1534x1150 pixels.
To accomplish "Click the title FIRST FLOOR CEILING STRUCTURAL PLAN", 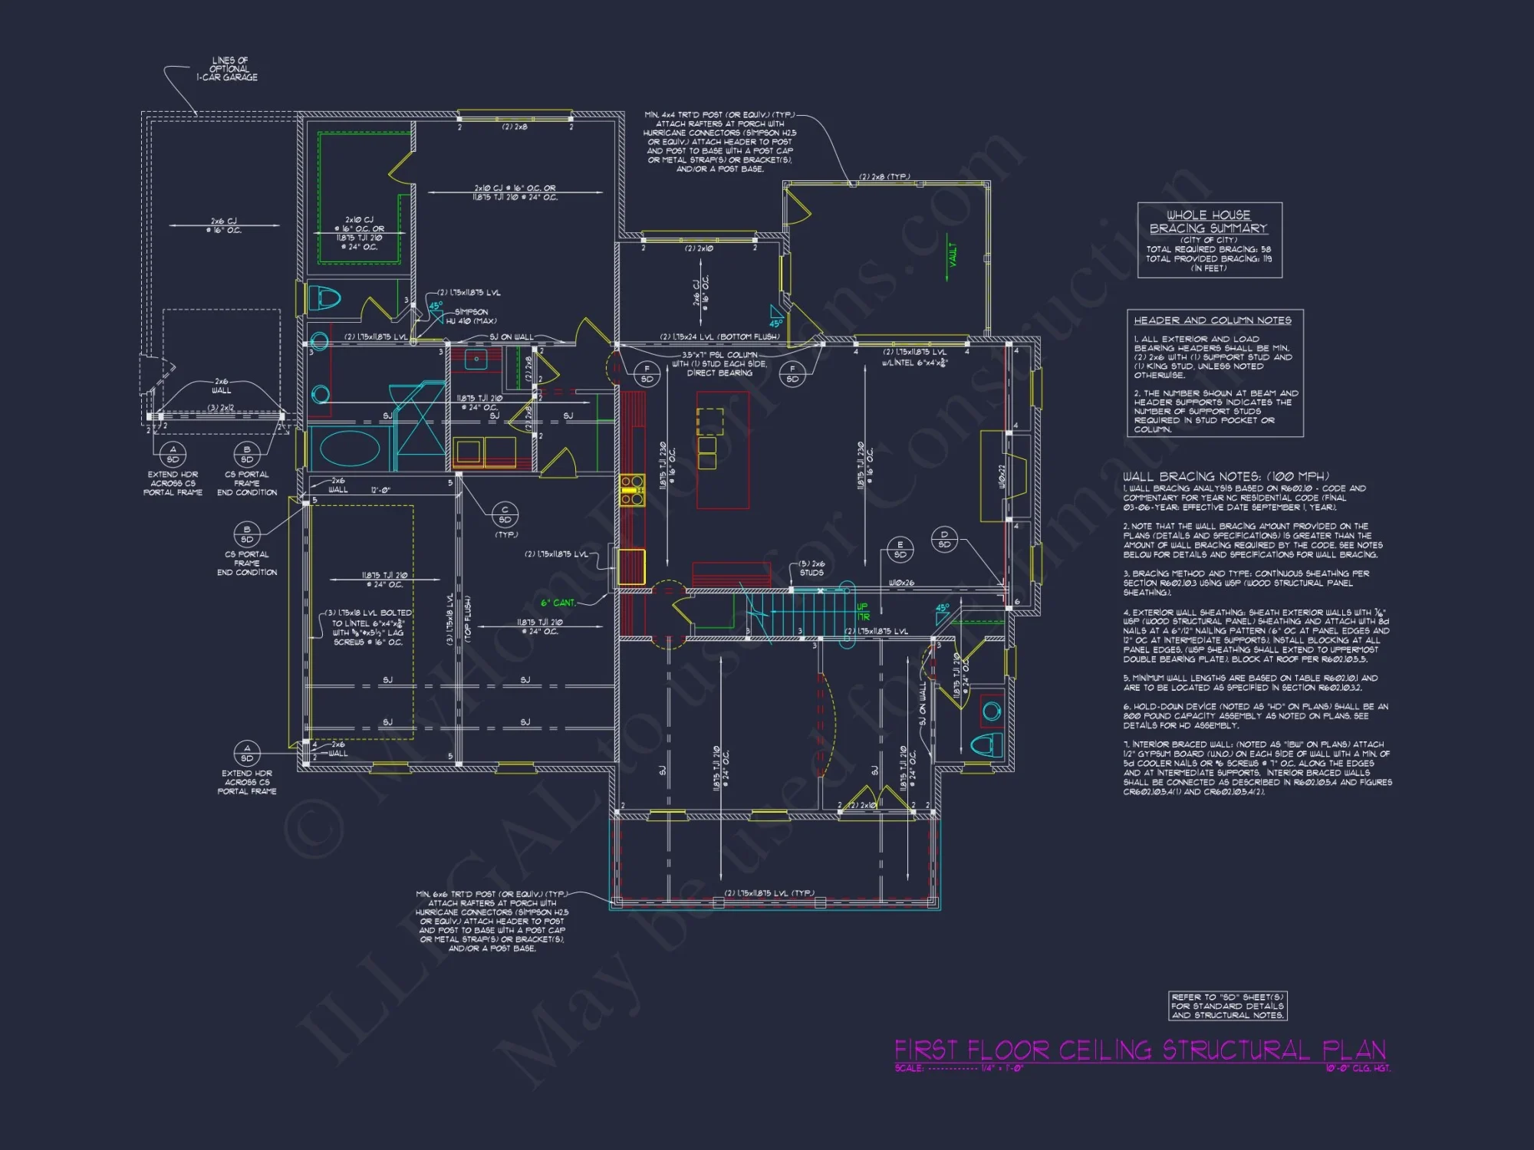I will point(1140,1050).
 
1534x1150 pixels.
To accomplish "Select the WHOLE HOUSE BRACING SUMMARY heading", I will point(1208,222).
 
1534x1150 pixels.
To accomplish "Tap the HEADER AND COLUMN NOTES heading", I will point(1212,320).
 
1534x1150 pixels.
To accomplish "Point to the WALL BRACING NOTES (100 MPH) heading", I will point(1226,476).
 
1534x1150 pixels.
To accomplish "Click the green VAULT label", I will point(953,255).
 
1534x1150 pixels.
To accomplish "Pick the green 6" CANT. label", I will point(558,603).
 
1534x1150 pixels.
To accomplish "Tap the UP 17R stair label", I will point(863,612).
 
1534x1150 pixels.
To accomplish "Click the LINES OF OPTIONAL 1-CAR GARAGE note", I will point(228,69).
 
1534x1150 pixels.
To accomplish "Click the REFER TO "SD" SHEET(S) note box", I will point(1227,1006).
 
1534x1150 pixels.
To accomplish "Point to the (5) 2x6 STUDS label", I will point(811,568).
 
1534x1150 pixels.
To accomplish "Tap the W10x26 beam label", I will point(903,583).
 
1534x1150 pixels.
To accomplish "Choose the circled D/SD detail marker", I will point(944,539).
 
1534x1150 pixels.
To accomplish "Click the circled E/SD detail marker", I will point(900,550).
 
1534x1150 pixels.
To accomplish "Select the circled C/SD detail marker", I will point(505,514).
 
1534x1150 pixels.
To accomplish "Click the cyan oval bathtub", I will point(350,449).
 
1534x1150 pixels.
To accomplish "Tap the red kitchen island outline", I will point(723,449).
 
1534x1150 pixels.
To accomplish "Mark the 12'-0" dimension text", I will point(381,490).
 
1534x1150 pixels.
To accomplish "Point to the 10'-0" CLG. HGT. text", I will point(1358,1068).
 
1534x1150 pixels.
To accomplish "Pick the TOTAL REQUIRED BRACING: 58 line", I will point(1208,249).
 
